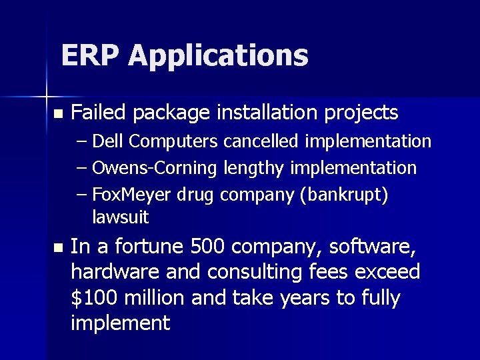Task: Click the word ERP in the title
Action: coord(90,55)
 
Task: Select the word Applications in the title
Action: coord(219,57)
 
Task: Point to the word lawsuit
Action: coord(120,217)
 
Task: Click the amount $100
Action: coord(94,297)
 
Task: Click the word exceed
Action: coord(389,272)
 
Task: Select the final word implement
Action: coord(120,323)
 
